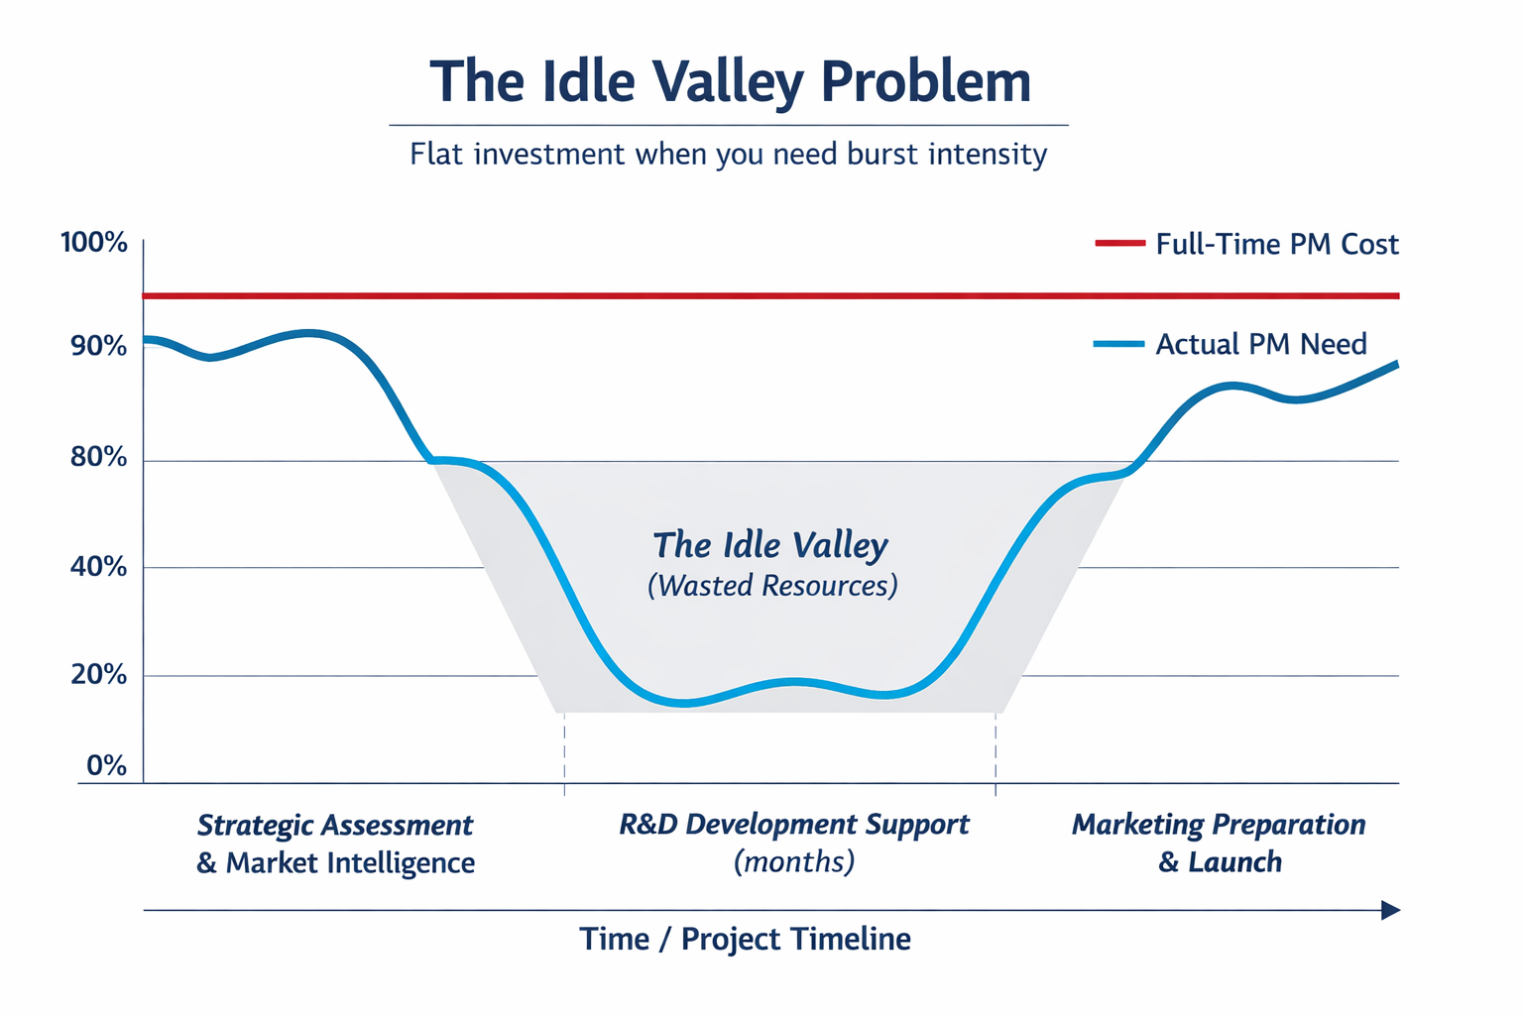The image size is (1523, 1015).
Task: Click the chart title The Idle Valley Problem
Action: coord(730,81)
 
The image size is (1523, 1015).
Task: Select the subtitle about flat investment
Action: coord(728,155)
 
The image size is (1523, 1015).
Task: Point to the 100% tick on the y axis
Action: coord(94,243)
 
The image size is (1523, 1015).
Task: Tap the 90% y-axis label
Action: coord(94,347)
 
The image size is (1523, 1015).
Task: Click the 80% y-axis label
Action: coord(94,458)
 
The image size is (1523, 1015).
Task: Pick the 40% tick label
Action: coord(94,567)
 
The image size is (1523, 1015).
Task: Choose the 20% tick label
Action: coord(94,675)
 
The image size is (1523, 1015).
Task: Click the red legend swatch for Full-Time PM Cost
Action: coord(1119,244)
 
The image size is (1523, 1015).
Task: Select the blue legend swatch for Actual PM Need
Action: coord(1119,344)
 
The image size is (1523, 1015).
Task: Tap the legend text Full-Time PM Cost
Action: coord(1277,245)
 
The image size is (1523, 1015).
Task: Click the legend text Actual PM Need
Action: coord(1261,345)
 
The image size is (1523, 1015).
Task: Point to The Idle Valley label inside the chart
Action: coord(770,545)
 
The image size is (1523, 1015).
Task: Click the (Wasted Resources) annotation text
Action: coord(772,586)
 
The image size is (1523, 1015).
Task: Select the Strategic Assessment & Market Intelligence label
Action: coord(335,844)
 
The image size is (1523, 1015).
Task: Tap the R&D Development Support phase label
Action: coord(794,825)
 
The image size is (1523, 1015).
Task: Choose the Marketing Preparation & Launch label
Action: coord(1220,844)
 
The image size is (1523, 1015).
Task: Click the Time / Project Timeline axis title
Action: coord(745,939)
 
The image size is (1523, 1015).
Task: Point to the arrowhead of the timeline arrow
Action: coord(1390,910)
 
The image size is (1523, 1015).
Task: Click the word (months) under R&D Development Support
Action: coord(794,861)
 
